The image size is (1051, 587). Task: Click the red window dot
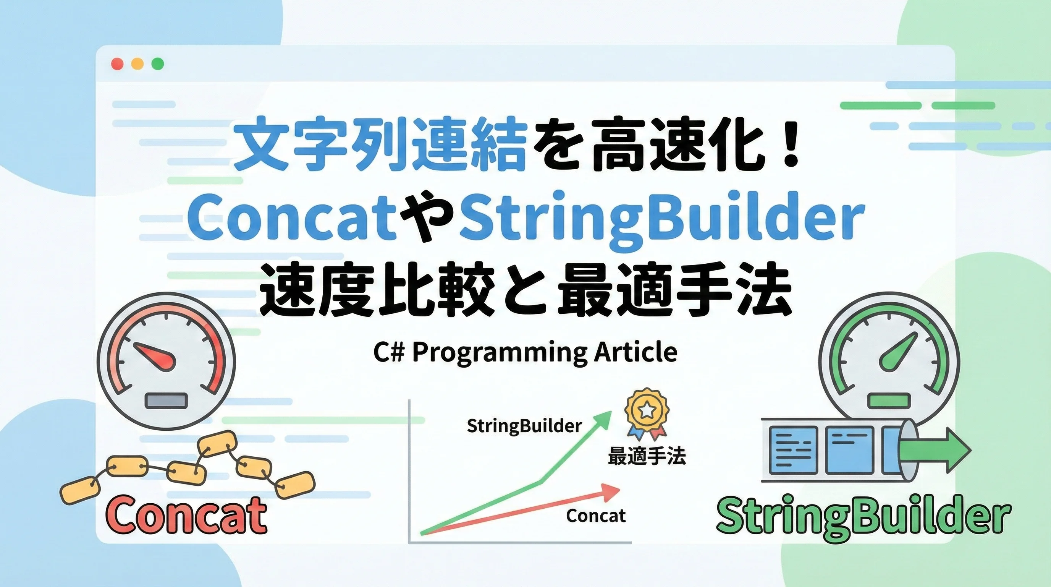(117, 64)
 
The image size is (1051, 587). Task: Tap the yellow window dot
(137, 64)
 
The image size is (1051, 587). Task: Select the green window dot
(157, 64)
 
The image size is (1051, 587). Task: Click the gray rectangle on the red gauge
(167, 401)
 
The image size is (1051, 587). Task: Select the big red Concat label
(186, 515)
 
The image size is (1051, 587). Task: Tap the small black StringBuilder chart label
(524, 426)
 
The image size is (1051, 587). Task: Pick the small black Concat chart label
(596, 516)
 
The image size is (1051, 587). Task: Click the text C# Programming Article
(525, 353)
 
